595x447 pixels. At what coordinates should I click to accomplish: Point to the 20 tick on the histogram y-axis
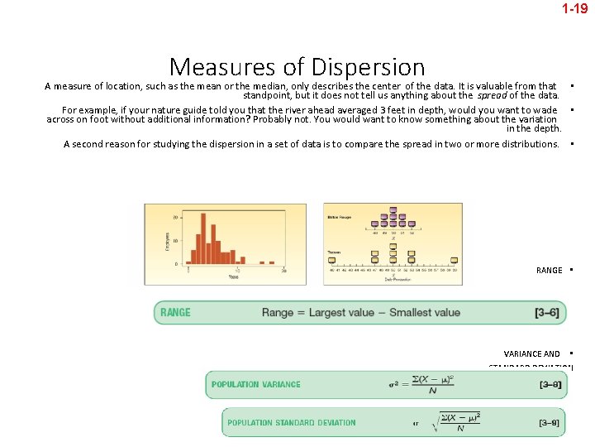point(175,217)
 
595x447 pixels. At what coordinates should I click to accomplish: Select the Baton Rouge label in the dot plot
point(340,217)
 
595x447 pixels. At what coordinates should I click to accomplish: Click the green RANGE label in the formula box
point(175,312)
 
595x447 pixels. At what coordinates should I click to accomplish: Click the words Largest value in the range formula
point(343,312)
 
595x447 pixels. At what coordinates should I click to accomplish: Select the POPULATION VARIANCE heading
point(256,384)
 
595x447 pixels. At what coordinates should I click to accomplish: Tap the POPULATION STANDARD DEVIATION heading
point(292,422)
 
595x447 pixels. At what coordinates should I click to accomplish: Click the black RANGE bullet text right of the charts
point(549,270)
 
